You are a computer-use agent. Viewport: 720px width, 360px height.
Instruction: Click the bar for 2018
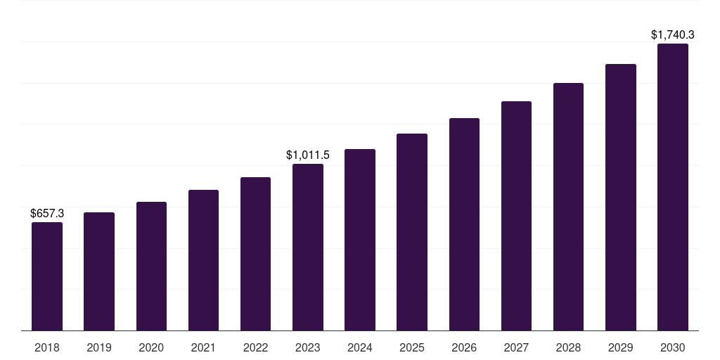point(47,276)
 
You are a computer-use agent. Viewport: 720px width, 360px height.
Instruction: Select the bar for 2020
point(151,266)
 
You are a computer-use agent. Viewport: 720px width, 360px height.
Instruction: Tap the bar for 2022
point(255,254)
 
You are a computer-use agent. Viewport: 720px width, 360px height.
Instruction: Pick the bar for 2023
point(308,247)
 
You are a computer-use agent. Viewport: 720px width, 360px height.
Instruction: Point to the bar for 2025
point(412,232)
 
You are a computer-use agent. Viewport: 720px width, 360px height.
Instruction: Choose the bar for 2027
point(516,216)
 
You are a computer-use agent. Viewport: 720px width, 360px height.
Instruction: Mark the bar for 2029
point(621,197)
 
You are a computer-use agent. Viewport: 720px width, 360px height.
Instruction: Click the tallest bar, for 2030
point(673,187)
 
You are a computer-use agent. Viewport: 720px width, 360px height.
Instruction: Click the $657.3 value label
point(47,213)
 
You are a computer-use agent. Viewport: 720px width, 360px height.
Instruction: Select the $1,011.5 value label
point(308,155)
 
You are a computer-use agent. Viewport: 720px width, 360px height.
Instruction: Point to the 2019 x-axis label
point(99,347)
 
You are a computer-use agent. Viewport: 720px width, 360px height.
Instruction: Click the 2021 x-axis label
point(203,347)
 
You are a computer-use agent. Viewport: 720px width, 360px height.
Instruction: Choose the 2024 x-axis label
point(360,347)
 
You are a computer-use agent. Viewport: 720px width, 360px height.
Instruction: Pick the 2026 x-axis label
point(464,347)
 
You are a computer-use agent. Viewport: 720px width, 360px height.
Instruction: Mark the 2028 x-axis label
point(568,347)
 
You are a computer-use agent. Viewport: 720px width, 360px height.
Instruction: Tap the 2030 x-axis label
point(673,347)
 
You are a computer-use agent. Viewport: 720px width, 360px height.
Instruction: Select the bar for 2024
point(360,240)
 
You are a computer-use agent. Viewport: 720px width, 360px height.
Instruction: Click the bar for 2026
point(464,224)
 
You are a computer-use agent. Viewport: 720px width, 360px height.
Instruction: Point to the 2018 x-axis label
point(47,347)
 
